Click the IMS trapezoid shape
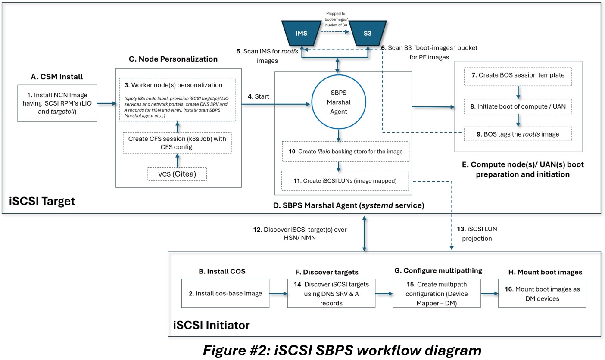[x=301, y=33]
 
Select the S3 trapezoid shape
[x=367, y=33]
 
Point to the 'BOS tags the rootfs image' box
[x=518, y=134]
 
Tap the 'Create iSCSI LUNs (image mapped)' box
[x=345, y=181]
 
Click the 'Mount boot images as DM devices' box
[x=542, y=294]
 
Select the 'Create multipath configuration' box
[x=436, y=294]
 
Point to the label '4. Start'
[x=258, y=96]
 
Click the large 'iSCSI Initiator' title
[x=211, y=325]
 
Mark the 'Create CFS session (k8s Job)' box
[x=178, y=142]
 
